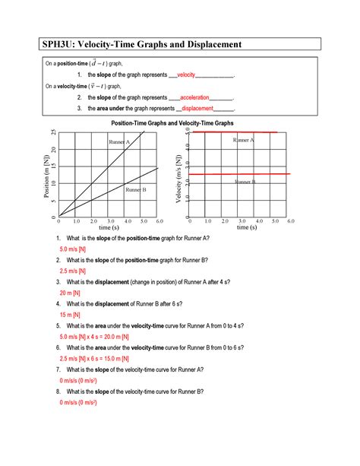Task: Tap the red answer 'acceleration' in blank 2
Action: (x=195, y=98)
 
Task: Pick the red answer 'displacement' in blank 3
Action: (x=203, y=109)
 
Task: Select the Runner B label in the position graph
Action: (x=135, y=189)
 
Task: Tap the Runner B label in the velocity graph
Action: (x=245, y=182)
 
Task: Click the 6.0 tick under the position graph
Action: (x=159, y=220)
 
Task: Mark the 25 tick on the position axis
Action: (x=53, y=134)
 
